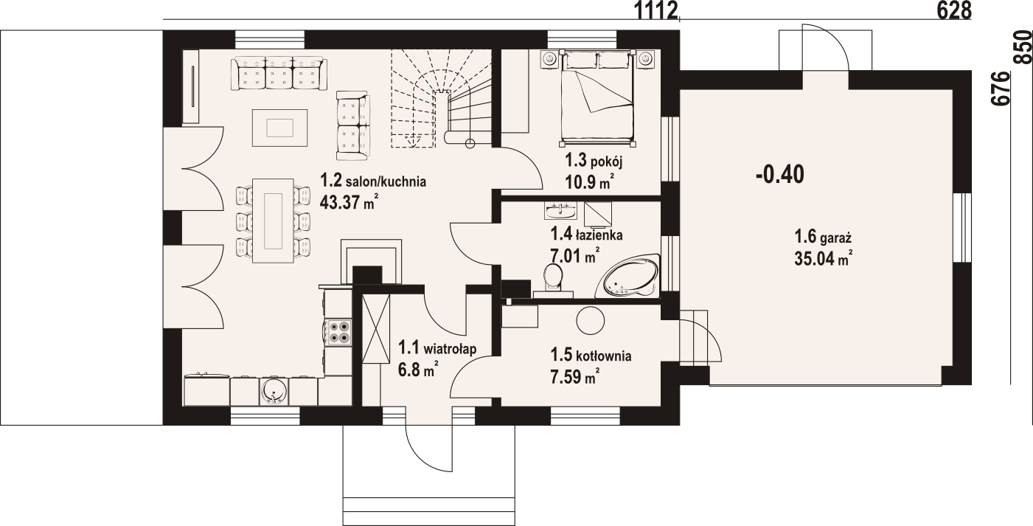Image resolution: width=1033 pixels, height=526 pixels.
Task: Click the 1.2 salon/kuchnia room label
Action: (x=373, y=181)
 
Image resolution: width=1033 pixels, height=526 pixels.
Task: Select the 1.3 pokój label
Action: (x=594, y=161)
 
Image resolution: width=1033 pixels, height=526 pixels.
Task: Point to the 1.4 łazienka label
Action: (x=586, y=235)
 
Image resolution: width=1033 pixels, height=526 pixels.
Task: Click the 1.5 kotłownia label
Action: (x=591, y=356)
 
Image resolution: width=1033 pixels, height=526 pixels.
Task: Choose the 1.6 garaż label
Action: (x=823, y=238)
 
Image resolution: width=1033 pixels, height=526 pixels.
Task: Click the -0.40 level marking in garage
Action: (x=780, y=176)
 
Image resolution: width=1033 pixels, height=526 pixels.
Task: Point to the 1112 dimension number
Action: (x=657, y=10)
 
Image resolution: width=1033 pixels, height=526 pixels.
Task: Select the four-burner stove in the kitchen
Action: (x=338, y=333)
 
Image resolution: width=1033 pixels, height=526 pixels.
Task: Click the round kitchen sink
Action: (x=274, y=392)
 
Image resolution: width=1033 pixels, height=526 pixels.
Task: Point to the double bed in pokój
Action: (x=597, y=95)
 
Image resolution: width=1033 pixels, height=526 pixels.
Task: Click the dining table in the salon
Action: (x=273, y=221)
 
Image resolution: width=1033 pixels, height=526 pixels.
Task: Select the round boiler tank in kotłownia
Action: (x=591, y=321)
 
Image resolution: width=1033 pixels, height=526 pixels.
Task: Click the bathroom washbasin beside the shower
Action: (x=560, y=210)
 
